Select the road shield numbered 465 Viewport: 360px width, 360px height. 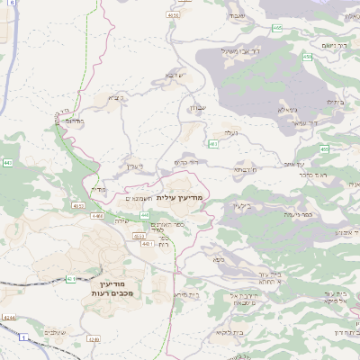tap(277, 28)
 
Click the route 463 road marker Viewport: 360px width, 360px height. tap(212, 144)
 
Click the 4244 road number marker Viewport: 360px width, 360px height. tap(10, 318)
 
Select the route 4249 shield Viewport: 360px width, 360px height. tap(94, 341)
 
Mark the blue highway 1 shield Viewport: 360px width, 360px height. tap(25, 337)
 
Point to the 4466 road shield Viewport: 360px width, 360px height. tap(97, 217)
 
